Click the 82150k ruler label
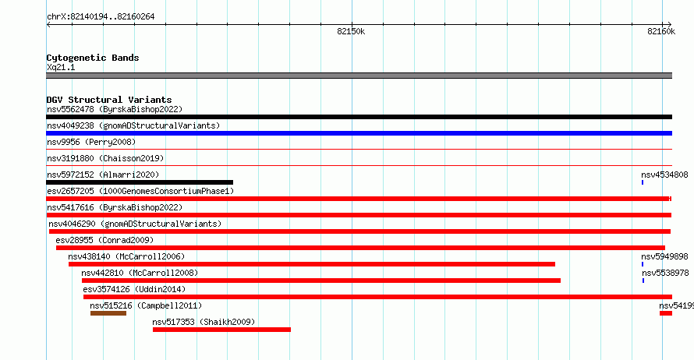pyautogui.click(x=351, y=31)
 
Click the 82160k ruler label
pyautogui.click(x=661, y=31)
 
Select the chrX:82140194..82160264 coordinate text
pyautogui.click(x=101, y=17)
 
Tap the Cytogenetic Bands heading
pyautogui.click(x=93, y=58)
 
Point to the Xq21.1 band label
pyautogui.click(x=61, y=67)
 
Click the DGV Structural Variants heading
pyautogui.click(x=109, y=100)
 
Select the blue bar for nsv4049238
pyautogui.click(x=359, y=133)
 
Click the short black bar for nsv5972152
pyautogui.click(x=140, y=182)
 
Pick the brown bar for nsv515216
pyautogui.click(x=108, y=313)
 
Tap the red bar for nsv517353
pyautogui.click(x=221, y=330)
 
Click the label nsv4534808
pyautogui.click(x=664, y=175)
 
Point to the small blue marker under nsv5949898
pyautogui.click(x=643, y=264)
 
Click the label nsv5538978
pyautogui.click(x=665, y=273)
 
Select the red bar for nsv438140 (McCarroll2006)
pyautogui.click(x=312, y=264)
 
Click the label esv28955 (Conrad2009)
pyautogui.click(x=104, y=240)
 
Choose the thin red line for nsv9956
pyautogui.click(x=359, y=150)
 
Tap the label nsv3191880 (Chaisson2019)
pyautogui.click(x=105, y=158)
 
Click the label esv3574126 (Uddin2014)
pyautogui.click(x=134, y=289)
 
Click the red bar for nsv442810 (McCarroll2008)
pyautogui.click(x=321, y=281)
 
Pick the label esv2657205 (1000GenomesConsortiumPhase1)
pyautogui.click(x=140, y=191)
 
